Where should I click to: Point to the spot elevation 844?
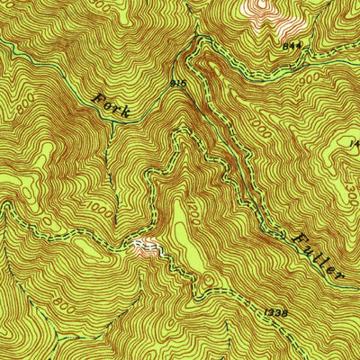click(290, 44)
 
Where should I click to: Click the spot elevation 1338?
click(277, 312)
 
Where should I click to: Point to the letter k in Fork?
click(132, 113)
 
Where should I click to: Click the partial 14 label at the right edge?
click(353, 143)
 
